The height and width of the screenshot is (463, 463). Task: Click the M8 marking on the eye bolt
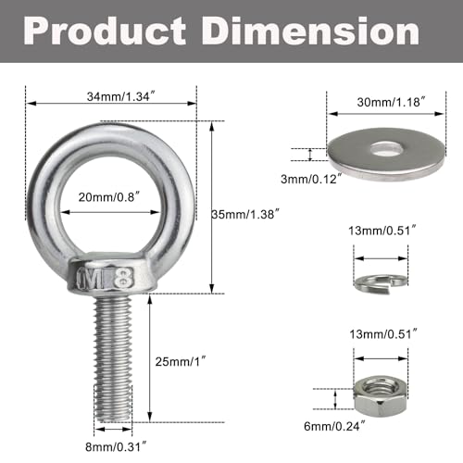(x=110, y=277)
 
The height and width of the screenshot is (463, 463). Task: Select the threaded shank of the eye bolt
(x=110, y=352)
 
